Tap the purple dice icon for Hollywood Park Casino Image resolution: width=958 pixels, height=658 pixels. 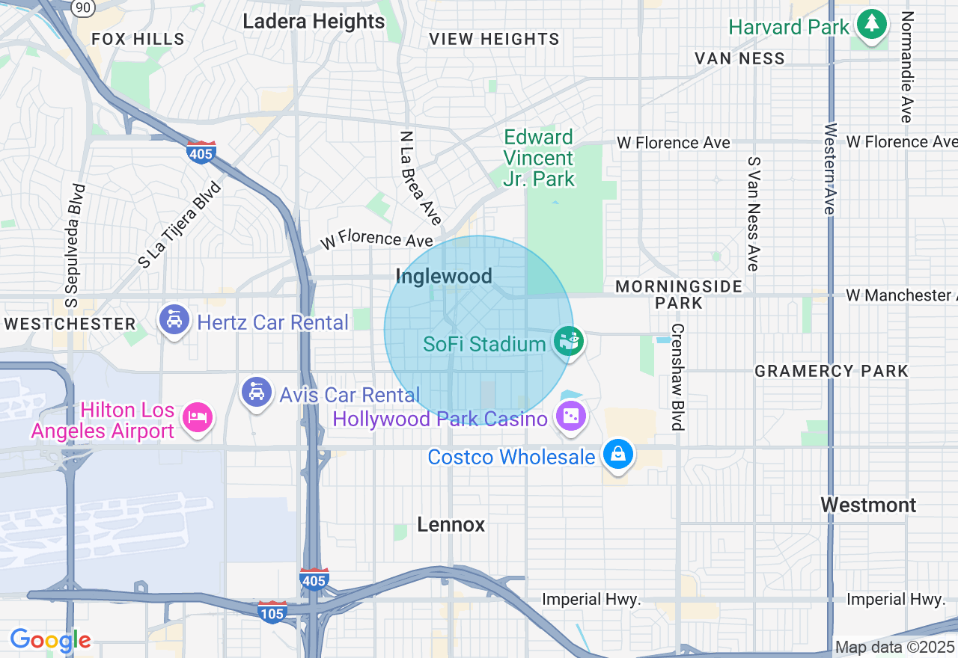570,415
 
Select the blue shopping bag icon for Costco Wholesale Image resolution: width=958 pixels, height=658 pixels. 619,454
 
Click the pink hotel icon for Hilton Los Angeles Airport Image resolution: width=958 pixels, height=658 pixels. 198,416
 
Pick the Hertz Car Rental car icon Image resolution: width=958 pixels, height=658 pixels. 174,321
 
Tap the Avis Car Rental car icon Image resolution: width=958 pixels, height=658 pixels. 257,392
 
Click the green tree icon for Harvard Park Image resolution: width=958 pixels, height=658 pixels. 871,24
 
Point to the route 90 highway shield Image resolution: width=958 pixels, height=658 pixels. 83,7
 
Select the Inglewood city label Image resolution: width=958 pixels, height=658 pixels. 444,277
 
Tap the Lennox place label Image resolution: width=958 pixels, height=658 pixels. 451,525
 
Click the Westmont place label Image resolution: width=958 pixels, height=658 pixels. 868,505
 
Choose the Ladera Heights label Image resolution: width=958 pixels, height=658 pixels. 314,22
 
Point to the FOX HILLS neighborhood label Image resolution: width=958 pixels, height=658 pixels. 138,39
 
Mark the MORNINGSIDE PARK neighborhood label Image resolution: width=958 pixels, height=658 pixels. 679,295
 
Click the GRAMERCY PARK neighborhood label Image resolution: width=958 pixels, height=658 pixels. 831,371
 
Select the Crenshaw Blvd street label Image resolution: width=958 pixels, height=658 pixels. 678,377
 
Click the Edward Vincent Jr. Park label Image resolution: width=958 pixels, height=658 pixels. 538,158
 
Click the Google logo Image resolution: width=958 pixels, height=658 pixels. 51,641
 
